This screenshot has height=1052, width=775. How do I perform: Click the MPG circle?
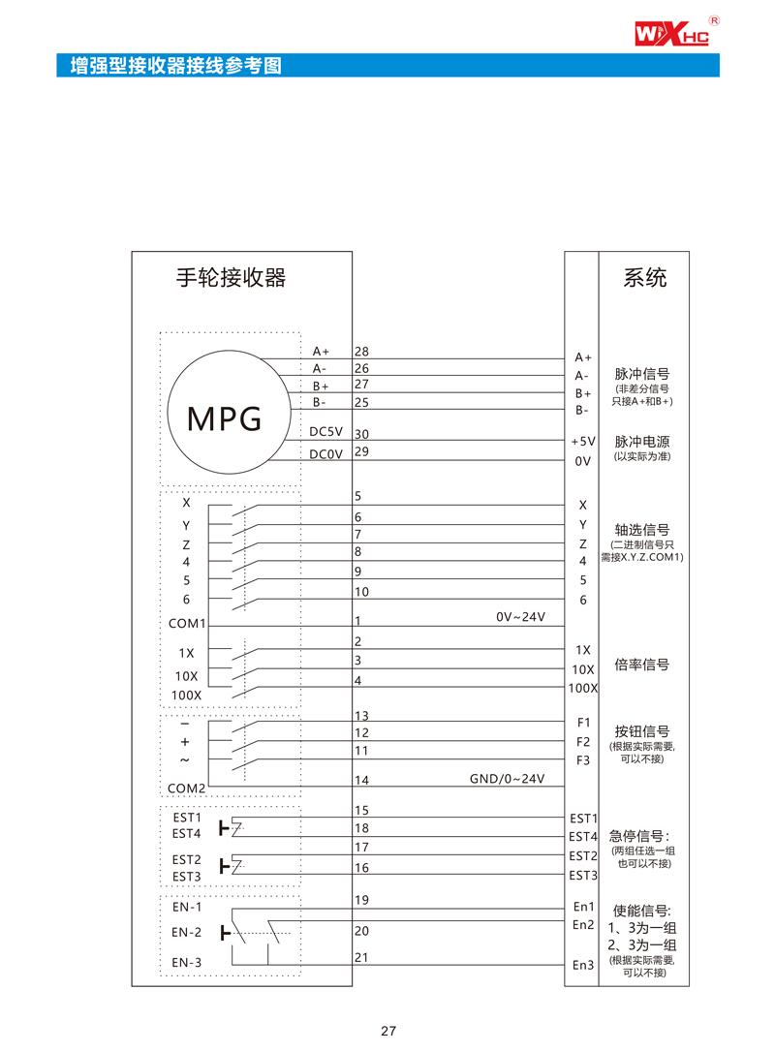[225, 418]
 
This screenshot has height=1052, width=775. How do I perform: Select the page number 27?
[387, 1031]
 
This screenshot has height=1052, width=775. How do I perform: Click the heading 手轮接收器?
[231, 278]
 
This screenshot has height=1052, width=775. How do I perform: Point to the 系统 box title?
[644, 278]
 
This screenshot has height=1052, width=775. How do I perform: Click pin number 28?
[362, 351]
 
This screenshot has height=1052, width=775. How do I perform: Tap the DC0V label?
[326, 453]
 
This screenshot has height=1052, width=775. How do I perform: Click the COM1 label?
[187, 624]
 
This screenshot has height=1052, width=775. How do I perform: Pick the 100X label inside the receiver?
[186, 696]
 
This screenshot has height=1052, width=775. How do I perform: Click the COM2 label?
[187, 789]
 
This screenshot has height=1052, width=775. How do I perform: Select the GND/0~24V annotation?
[508, 778]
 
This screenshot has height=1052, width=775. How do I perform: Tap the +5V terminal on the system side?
[581, 442]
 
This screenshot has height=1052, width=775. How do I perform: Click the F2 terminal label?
[583, 742]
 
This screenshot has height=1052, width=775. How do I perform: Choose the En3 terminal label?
[582, 965]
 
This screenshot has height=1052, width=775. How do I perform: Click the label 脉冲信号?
[643, 373]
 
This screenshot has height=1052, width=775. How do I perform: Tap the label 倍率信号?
[643, 665]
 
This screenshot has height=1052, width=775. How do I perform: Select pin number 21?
[362, 956]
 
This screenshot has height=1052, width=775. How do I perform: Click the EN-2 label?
[187, 933]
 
